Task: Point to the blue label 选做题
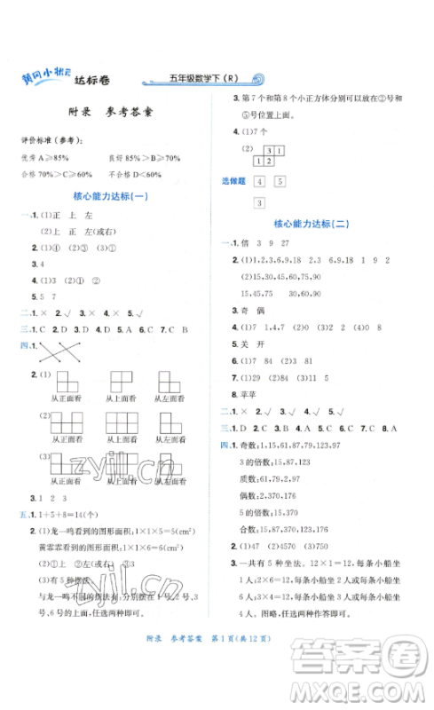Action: (233, 182)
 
